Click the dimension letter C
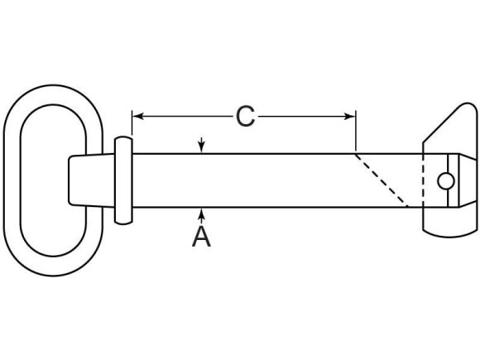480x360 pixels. click(246, 117)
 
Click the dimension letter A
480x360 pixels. click(201, 236)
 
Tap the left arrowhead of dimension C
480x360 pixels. click(138, 117)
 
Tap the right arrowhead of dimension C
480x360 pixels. click(349, 117)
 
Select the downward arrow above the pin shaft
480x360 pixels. click(201, 145)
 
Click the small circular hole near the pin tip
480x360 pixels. click(446, 181)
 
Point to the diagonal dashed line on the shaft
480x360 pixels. click(382, 180)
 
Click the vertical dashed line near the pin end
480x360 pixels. click(424, 180)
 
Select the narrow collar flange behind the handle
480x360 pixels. click(123, 180)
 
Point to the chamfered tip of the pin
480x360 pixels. click(468, 180)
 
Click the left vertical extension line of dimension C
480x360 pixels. click(132, 123)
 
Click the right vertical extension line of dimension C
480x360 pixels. click(356, 131)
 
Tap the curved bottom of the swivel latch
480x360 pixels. click(450, 233)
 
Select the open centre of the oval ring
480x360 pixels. click(53, 180)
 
